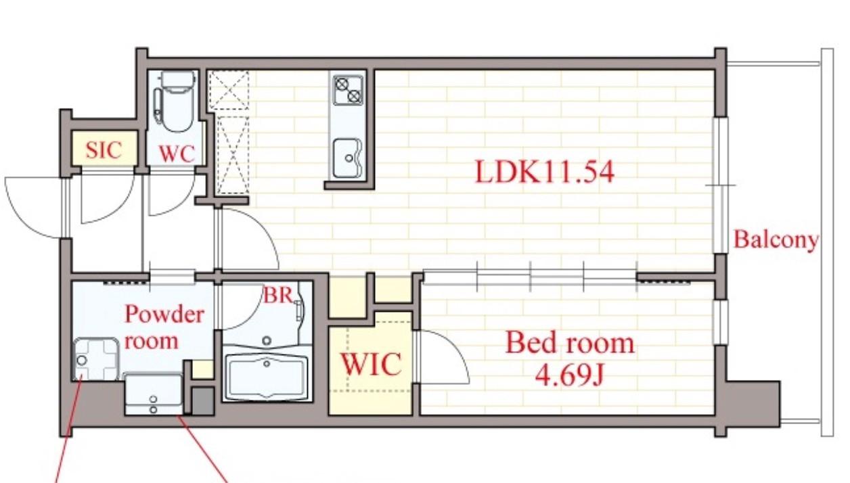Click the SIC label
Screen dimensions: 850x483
point(104,150)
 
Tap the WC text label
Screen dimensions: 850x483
point(177,154)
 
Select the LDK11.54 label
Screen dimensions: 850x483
point(545,172)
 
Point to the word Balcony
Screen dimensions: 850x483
point(776,240)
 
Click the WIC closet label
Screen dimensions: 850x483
point(371,364)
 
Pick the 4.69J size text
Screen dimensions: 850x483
point(569,375)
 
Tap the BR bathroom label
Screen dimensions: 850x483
point(277,295)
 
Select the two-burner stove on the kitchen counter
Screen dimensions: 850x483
point(348,90)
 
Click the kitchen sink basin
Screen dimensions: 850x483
point(347,158)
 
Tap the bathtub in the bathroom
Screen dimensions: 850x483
point(267,377)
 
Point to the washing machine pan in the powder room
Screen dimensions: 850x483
point(96,359)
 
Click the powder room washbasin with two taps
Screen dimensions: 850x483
point(154,394)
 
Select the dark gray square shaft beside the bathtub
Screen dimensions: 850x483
point(202,401)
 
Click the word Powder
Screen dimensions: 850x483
point(164,315)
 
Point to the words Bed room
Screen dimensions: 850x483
point(570,342)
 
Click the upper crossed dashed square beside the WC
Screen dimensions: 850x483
point(229,90)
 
